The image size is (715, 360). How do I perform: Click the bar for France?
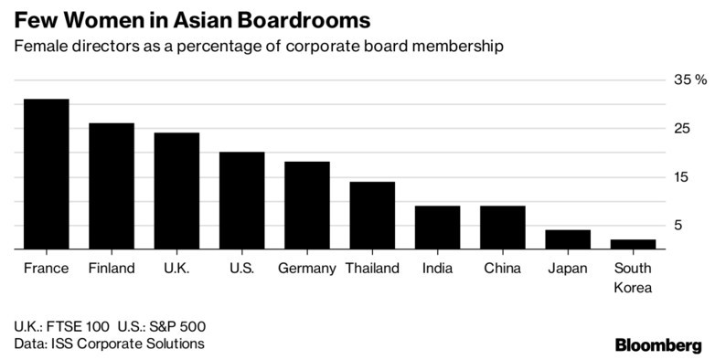(46, 174)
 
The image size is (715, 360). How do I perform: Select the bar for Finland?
(112, 185)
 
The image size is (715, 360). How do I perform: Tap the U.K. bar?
(176, 190)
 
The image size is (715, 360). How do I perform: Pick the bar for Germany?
(307, 205)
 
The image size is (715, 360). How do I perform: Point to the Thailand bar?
(372, 215)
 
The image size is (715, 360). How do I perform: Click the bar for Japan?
(568, 238)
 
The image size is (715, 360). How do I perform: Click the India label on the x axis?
(437, 269)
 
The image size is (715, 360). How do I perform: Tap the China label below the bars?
(502, 269)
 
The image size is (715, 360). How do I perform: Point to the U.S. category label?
(241, 269)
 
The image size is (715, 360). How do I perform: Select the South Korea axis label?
(634, 278)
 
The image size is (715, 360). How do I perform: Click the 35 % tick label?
(690, 80)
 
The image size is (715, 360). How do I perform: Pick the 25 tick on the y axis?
(682, 129)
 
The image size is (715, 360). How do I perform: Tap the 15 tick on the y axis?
(682, 176)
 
